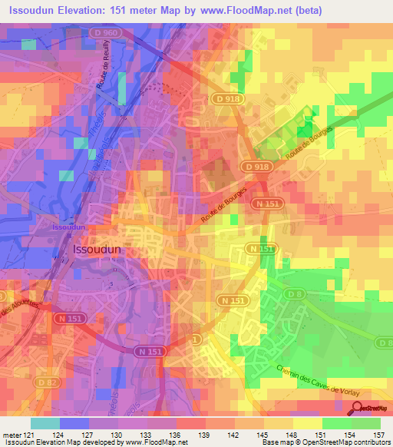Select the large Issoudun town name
[97, 250]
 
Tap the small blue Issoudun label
[68, 228]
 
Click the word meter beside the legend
[12, 434]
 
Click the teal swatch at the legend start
[45, 423]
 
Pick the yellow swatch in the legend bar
[308, 423]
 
